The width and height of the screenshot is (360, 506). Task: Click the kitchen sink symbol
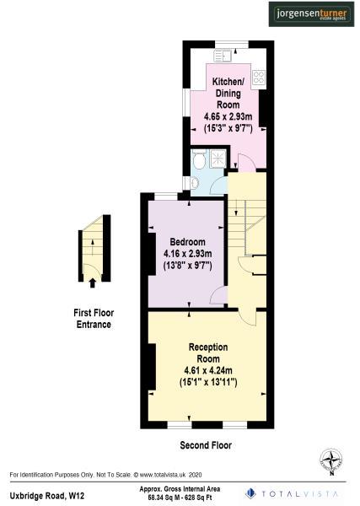(x=223, y=57)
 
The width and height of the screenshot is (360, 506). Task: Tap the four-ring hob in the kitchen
(x=259, y=73)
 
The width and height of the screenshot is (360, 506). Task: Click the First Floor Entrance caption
(x=92, y=318)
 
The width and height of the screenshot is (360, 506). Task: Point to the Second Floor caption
(x=206, y=444)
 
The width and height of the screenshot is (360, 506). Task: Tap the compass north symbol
(x=331, y=461)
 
